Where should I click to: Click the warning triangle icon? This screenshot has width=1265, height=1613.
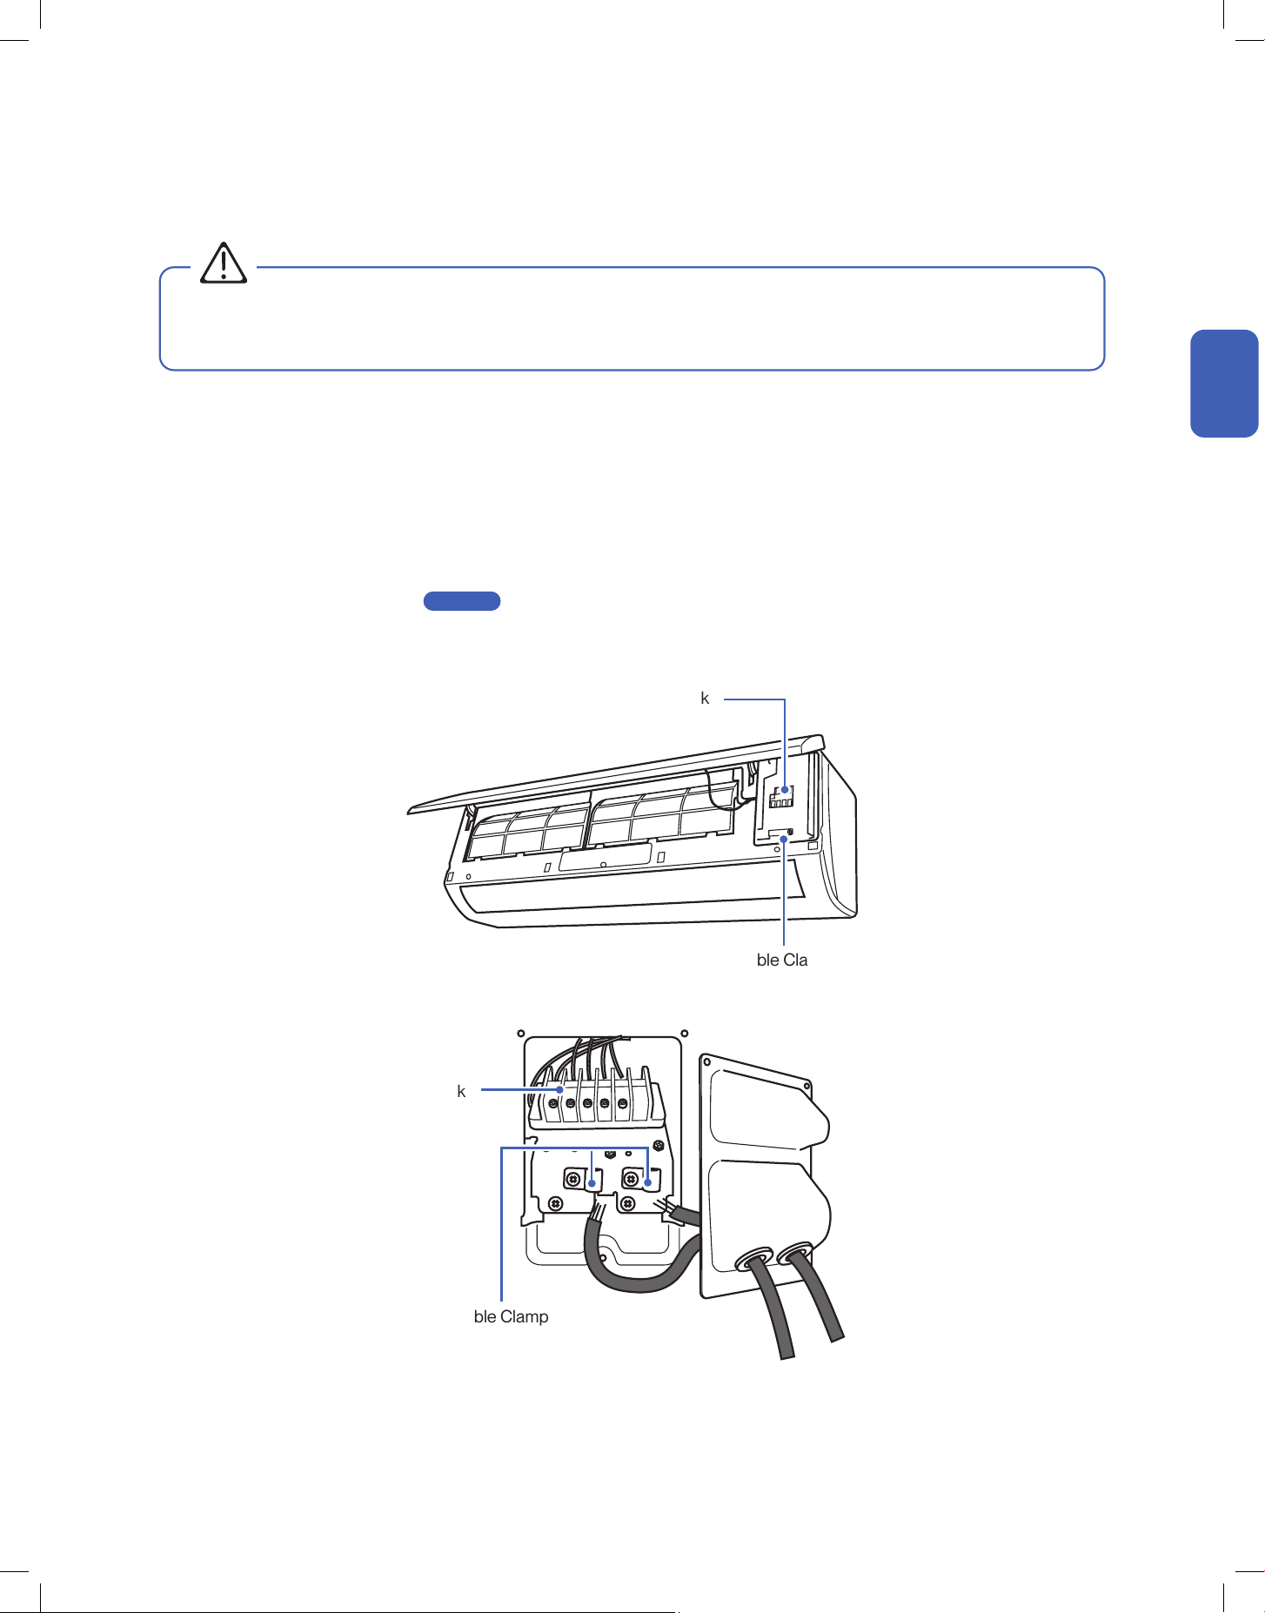coord(224,263)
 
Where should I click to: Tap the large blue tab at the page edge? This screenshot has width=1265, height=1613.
coord(1224,383)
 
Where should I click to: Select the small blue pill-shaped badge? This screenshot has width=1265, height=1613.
coord(462,600)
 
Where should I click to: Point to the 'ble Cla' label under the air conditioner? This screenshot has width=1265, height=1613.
coord(782,960)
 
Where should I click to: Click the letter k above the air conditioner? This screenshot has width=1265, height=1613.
coord(705,698)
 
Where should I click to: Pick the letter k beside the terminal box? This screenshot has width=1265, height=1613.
coord(461,1091)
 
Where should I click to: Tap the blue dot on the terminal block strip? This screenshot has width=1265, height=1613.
coord(561,1089)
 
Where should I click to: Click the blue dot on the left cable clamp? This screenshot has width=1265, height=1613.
coord(592,1183)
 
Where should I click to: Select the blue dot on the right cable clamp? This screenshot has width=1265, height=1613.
coord(648,1182)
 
